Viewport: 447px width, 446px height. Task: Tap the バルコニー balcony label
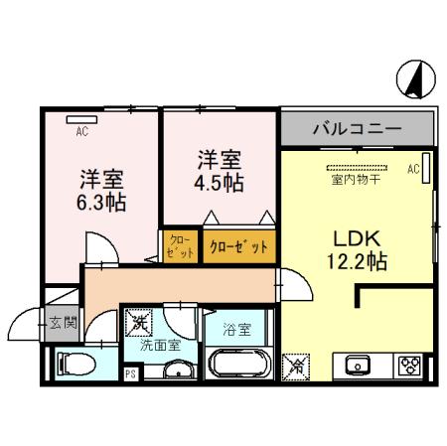357,128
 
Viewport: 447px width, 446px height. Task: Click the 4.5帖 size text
220,183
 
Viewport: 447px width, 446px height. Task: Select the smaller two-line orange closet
180,245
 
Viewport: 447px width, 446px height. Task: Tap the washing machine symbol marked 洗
138,322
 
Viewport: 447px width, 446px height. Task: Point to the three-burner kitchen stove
411,365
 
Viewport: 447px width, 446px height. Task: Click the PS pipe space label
130,373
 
